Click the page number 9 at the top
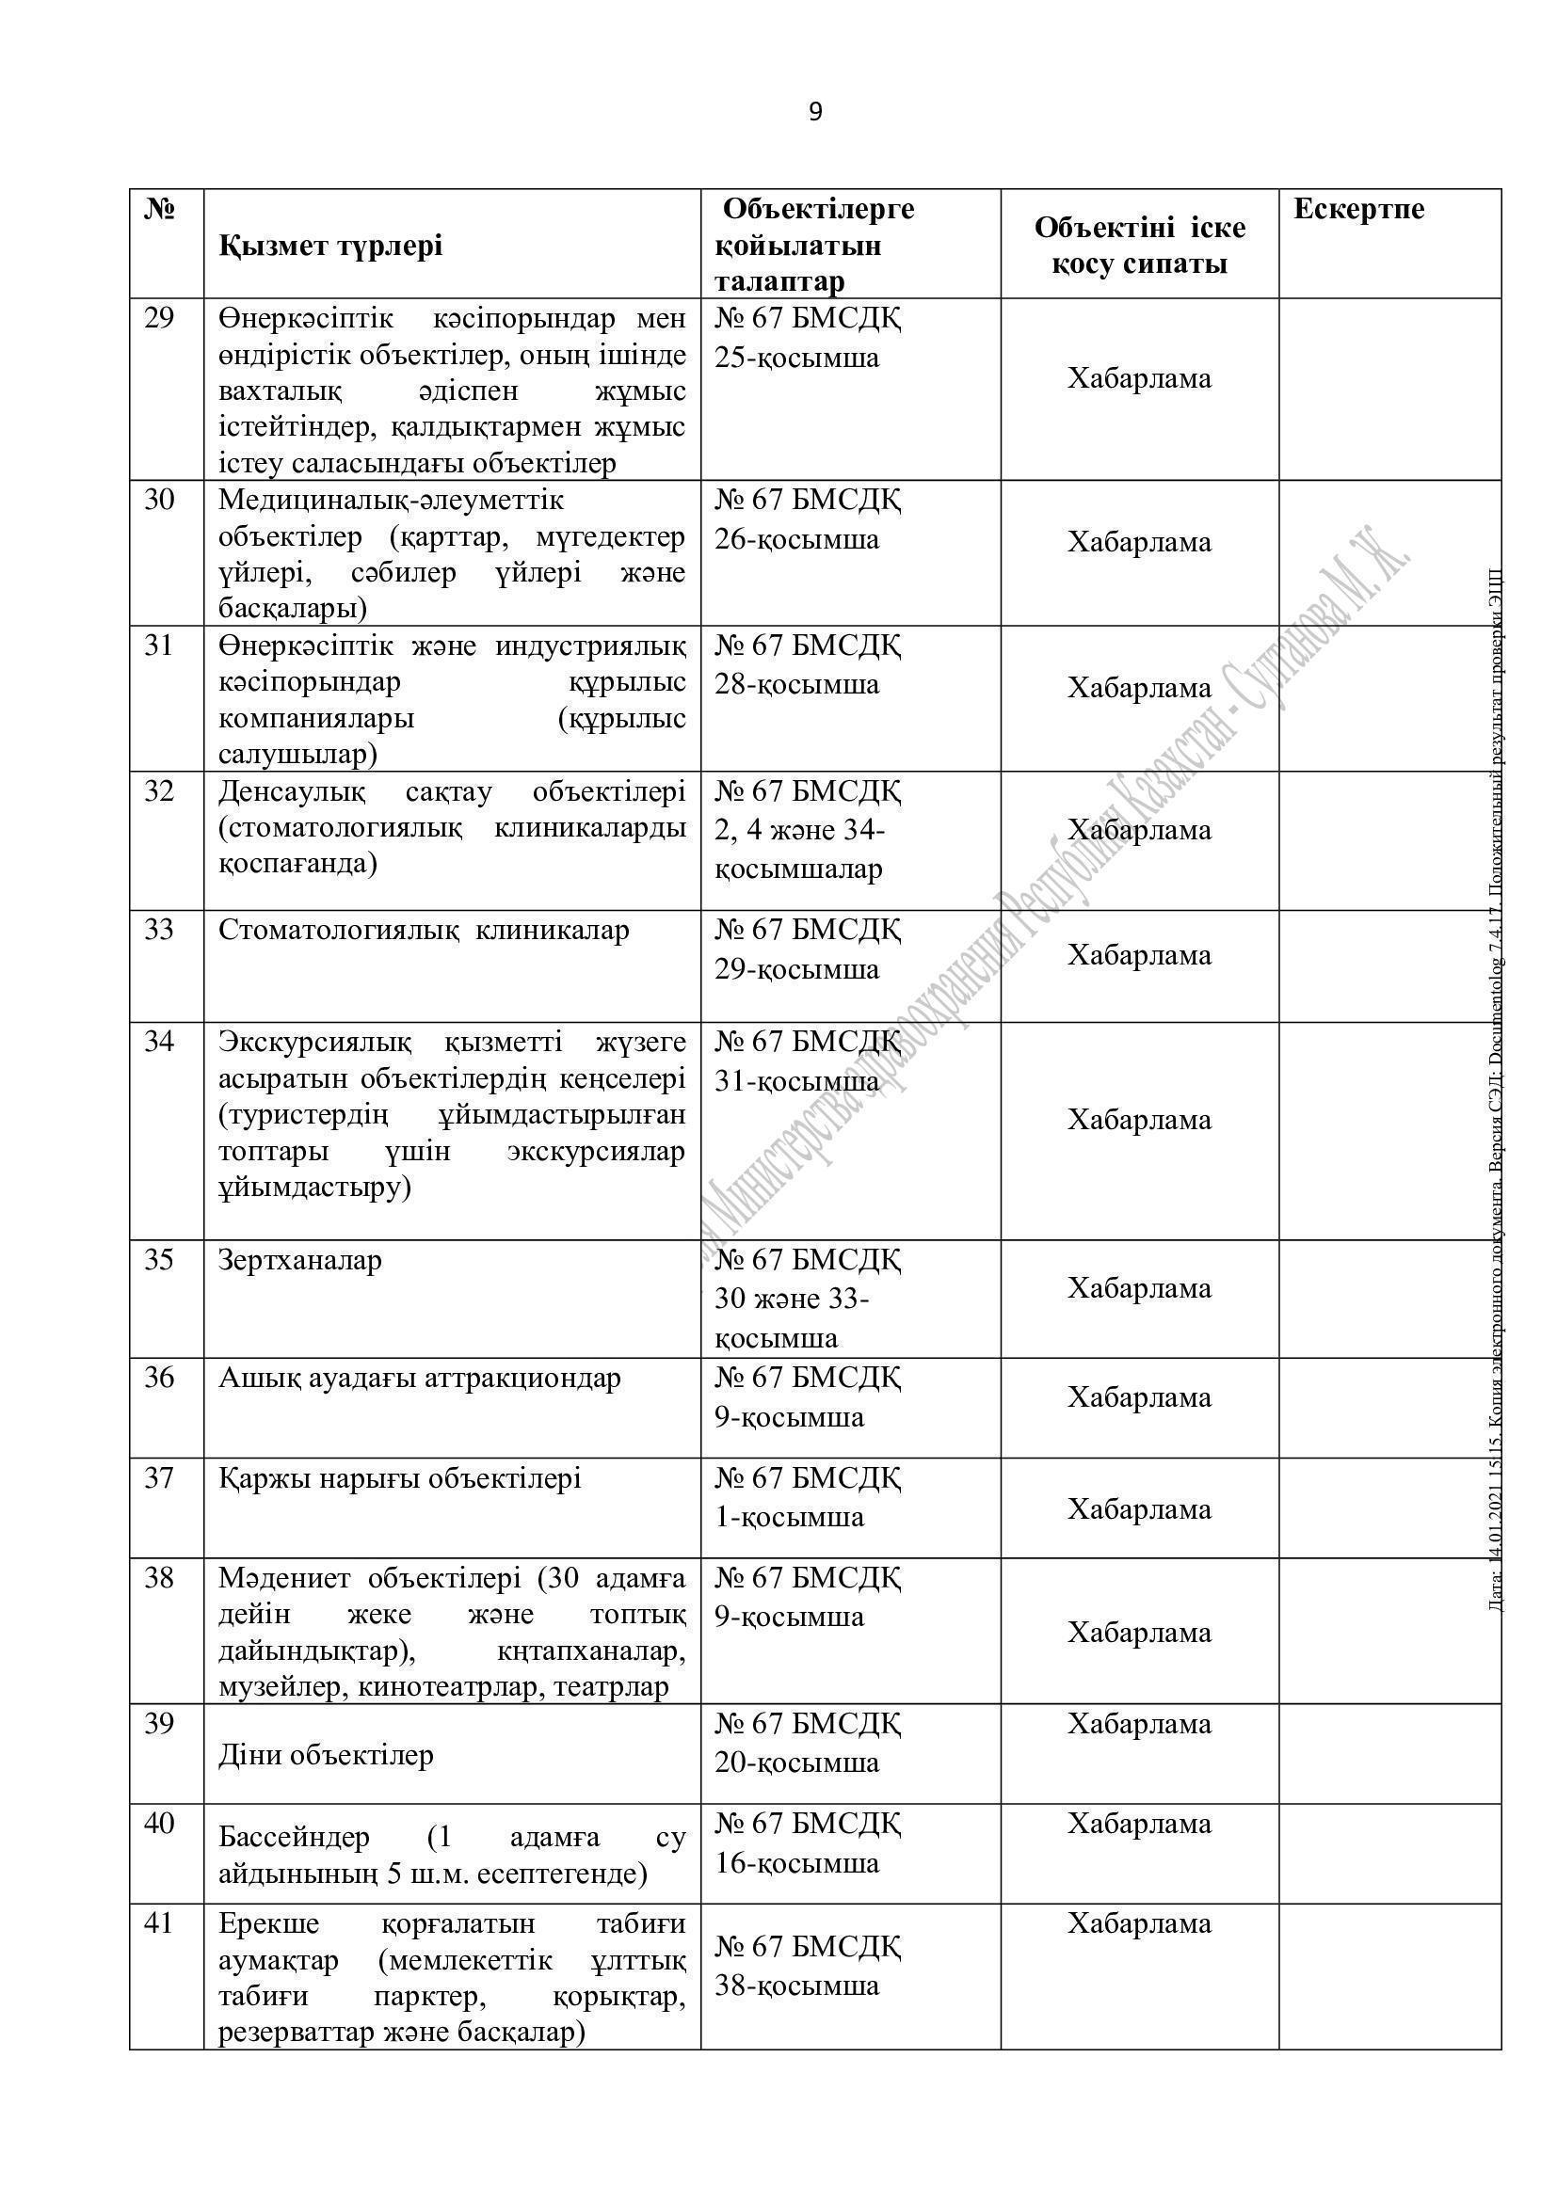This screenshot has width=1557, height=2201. (x=815, y=113)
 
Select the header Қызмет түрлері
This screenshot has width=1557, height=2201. (x=330, y=247)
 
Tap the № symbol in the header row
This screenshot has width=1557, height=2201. (x=159, y=209)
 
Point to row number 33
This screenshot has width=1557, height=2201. (x=159, y=929)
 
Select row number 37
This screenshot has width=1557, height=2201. (x=159, y=1477)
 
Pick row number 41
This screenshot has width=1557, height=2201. (x=159, y=1923)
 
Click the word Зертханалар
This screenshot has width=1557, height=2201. (x=300, y=1260)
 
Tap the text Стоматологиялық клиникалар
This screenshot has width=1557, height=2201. (x=424, y=930)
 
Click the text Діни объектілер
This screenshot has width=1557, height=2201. (x=326, y=1755)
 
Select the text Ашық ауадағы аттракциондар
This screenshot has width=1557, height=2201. (x=420, y=1379)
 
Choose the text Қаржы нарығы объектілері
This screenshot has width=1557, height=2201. (x=400, y=1478)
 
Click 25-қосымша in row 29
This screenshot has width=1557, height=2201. (x=796, y=359)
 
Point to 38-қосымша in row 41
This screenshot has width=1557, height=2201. (x=796, y=1985)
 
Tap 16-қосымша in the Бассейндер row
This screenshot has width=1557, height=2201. (x=796, y=1862)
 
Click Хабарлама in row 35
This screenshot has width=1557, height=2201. (x=1140, y=1288)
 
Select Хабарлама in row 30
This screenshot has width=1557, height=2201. (x=1140, y=543)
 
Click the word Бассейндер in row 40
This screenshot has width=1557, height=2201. (x=295, y=1837)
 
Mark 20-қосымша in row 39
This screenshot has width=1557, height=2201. (x=796, y=1762)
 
